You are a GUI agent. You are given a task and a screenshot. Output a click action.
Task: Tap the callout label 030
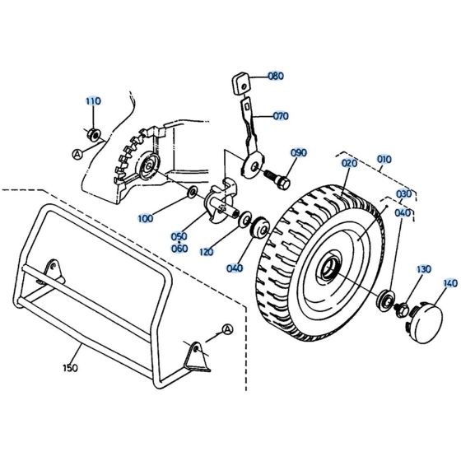point(403,194)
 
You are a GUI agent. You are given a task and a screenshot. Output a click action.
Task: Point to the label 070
point(282,116)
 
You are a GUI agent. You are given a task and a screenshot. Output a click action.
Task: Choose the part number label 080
point(275,77)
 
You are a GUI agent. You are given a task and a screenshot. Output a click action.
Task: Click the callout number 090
point(298,153)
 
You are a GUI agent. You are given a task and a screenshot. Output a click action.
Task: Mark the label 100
point(169,219)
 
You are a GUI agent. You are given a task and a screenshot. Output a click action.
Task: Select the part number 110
point(93,101)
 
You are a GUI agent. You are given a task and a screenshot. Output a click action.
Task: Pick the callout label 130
point(423,269)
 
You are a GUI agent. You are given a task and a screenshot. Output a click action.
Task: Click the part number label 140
point(449,284)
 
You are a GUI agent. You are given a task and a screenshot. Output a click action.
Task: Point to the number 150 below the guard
point(70,368)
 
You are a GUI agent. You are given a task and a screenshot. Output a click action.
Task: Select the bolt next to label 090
point(279,176)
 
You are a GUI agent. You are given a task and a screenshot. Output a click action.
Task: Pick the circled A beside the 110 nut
point(77,154)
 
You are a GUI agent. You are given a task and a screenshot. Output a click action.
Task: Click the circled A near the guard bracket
point(228,329)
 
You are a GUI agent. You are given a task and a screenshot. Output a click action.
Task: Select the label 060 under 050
point(179,249)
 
